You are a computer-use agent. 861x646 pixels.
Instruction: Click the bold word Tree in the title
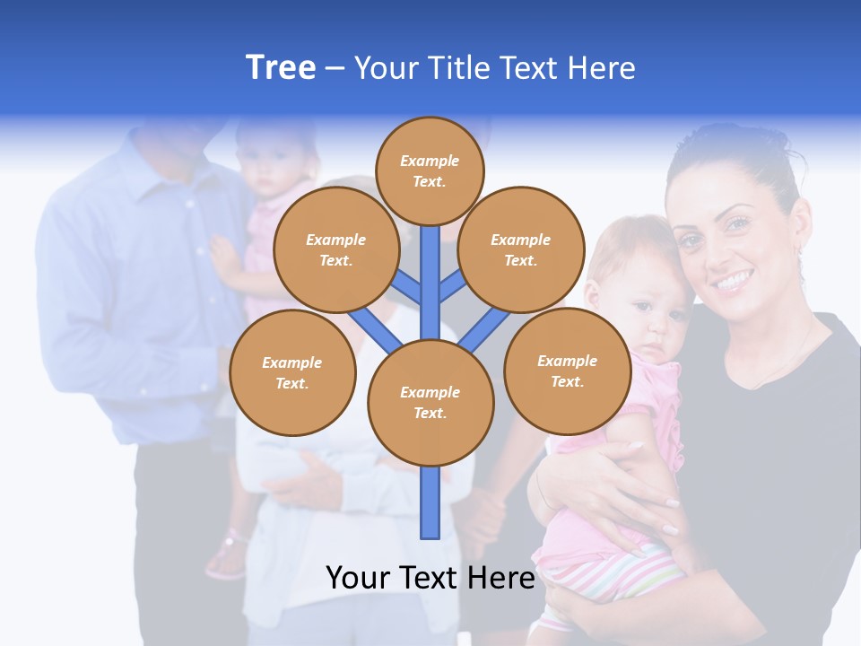[x=281, y=67]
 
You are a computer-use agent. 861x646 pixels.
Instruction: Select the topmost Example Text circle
[x=430, y=170]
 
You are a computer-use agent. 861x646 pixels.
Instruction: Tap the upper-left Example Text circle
[x=335, y=250]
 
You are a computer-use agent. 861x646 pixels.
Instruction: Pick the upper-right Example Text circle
[x=520, y=250]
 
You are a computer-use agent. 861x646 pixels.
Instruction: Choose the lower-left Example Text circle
[x=291, y=372]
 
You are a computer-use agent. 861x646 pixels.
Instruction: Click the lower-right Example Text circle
[x=567, y=371]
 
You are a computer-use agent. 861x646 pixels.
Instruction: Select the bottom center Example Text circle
[x=430, y=402]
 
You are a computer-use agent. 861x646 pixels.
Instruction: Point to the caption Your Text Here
[x=430, y=578]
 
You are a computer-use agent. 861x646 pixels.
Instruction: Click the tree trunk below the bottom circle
[x=430, y=502]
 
